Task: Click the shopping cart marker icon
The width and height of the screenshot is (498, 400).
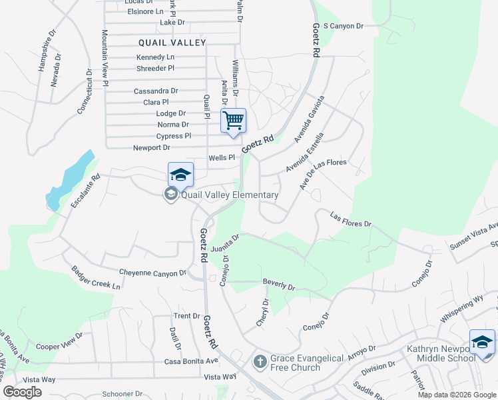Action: point(233,121)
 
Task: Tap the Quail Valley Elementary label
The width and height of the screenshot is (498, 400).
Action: point(230,195)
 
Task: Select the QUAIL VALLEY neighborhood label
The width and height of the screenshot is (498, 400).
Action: point(172,42)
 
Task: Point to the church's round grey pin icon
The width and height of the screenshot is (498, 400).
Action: point(260,362)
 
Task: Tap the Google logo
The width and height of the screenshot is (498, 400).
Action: point(22,392)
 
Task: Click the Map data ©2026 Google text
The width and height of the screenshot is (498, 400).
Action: point(457,395)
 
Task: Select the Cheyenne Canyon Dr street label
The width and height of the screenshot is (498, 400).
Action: point(152,273)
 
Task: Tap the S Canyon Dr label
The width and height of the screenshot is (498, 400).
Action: point(343,26)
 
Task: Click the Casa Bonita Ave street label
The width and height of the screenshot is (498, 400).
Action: point(191,361)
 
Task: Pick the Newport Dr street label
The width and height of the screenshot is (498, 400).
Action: point(152,147)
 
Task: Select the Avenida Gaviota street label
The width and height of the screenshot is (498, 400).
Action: point(311,117)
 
